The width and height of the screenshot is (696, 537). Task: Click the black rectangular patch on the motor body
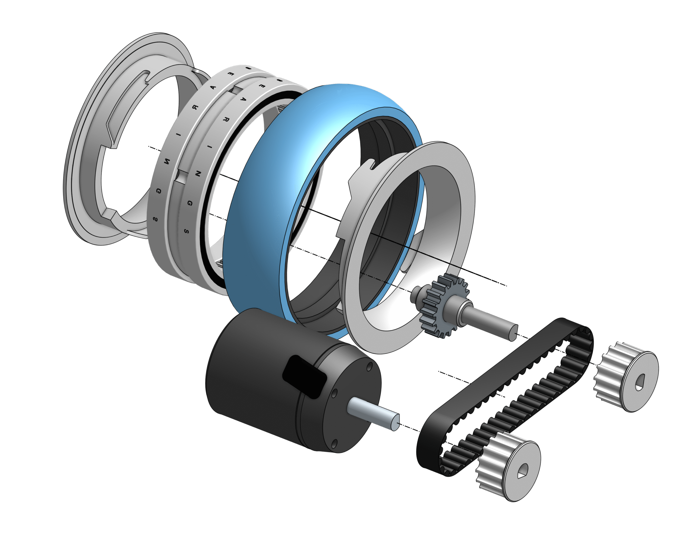[x=304, y=377]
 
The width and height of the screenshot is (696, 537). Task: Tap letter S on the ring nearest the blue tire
[x=187, y=231]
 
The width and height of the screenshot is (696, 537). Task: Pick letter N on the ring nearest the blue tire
[x=198, y=174]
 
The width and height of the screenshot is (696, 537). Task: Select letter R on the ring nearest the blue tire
[x=226, y=120]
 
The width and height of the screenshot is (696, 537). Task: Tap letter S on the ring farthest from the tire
[x=155, y=219]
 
